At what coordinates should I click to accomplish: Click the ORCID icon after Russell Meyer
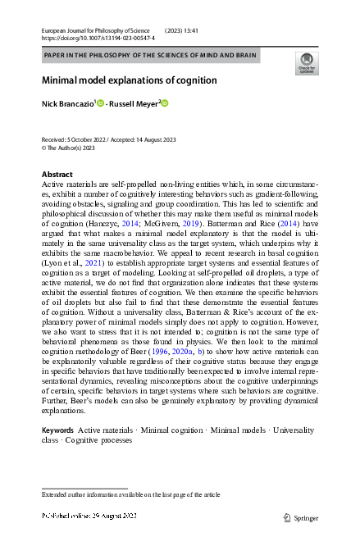coord(164,103)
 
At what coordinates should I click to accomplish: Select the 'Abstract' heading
coord(57,175)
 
